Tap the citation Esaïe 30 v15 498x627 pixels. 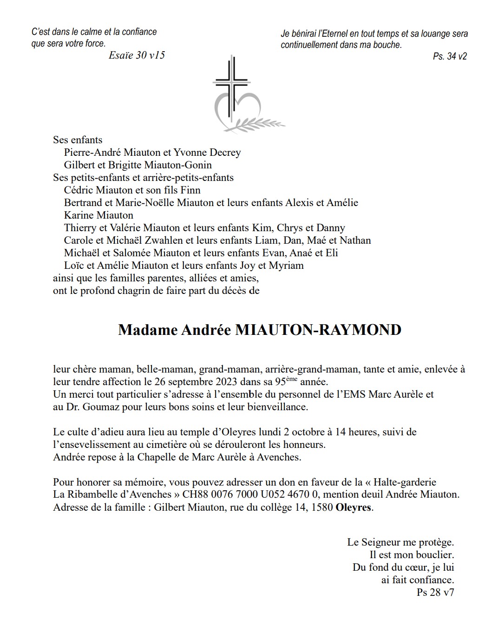pyautogui.click(x=137, y=55)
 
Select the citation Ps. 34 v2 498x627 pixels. pyautogui.click(x=450, y=56)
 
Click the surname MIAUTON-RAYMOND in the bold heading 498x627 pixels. pyautogui.click(x=318, y=330)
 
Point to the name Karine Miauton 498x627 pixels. pyautogui.click(x=98, y=215)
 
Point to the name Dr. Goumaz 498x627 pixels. pyautogui.click(x=93, y=407)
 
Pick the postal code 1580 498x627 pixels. pyautogui.click(x=321, y=507)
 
